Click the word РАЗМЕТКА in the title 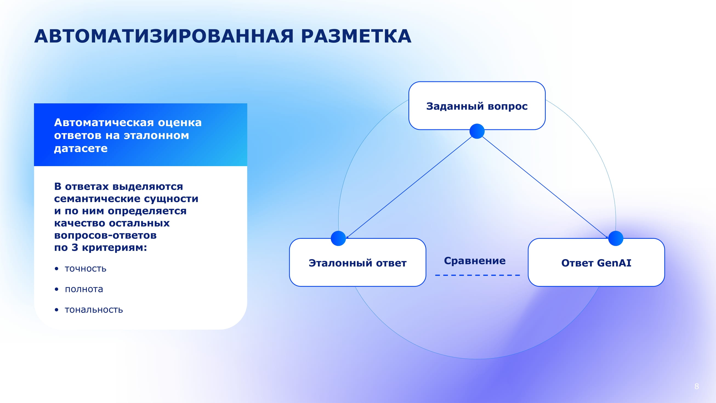click(356, 36)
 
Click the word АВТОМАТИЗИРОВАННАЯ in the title click(164, 36)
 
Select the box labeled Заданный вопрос click(477, 106)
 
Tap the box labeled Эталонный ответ click(357, 263)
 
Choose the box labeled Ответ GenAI click(596, 263)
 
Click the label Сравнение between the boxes click(475, 261)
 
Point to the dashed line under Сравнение click(477, 275)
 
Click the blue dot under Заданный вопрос click(477, 131)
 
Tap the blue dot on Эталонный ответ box click(338, 239)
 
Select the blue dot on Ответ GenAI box click(616, 239)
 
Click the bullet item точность click(85, 269)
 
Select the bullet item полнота click(84, 289)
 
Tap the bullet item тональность click(94, 310)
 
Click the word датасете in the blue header click(81, 148)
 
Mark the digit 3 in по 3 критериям click(75, 247)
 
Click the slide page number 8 click(697, 386)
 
